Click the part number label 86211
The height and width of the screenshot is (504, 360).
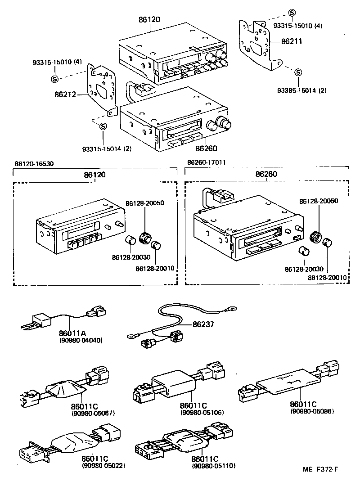tap(291, 41)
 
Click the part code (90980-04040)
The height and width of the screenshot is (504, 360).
tap(81, 340)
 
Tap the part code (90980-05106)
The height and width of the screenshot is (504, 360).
tap(202, 413)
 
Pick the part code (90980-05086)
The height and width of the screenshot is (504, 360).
tap(312, 411)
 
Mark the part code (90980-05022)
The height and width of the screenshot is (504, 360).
tap(103, 465)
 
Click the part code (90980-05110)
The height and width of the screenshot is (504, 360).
tap(213, 465)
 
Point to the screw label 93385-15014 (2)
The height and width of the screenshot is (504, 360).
tap(301, 90)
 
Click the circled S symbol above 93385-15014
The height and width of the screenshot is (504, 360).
tap(297, 72)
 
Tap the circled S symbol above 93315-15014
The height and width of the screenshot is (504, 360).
tap(103, 126)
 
